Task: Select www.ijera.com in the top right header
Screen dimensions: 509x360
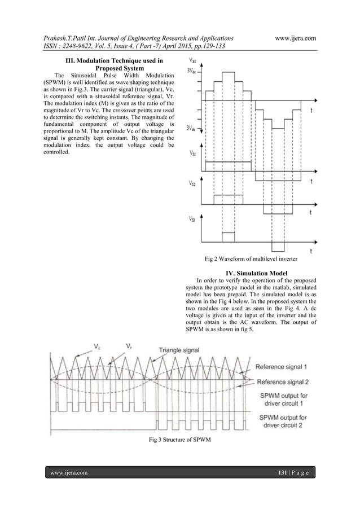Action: [293, 37]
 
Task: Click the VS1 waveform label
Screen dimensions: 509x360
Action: [193, 153]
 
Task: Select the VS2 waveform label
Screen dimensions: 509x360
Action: [193, 182]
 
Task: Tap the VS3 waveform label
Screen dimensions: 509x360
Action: [193, 220]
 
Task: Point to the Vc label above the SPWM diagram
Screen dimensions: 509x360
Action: [98, 346]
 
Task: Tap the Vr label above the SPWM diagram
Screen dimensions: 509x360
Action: [129, 346]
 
